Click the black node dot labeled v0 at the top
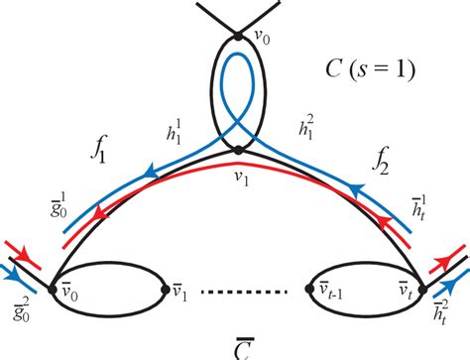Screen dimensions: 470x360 tap(238, 38)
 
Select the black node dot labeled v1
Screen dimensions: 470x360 tap(238, 151)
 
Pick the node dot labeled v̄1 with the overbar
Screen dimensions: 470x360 tap(166, 289)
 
